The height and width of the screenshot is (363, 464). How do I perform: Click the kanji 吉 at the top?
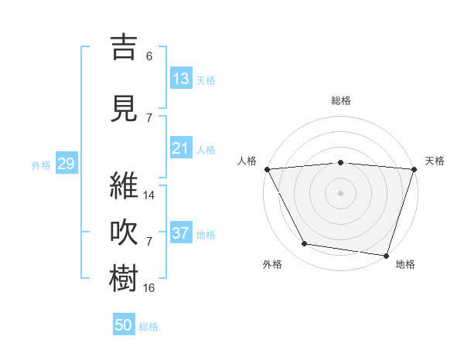point(125,47)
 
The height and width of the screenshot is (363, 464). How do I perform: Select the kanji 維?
point(125,186)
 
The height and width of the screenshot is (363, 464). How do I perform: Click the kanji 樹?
point(125,278)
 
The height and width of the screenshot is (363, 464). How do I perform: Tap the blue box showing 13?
point(180,79)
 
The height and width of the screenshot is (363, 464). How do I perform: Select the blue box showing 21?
point(180,148)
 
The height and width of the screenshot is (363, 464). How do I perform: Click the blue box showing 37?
point(180,233)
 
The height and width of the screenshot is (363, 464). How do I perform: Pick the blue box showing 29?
point(66,164)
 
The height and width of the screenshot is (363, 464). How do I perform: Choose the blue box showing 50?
point(124,325)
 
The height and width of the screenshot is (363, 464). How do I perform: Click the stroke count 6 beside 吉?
point(148,56)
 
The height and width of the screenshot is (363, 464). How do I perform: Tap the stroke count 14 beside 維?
point(149,195)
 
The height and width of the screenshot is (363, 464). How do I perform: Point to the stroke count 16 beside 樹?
point(149,287)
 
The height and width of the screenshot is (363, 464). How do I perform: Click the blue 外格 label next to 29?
point(41,165)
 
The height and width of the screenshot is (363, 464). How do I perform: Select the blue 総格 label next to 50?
point(148,327)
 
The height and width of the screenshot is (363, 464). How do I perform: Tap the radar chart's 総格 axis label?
point(341,100)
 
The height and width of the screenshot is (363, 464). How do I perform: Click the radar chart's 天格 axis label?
point(435,161)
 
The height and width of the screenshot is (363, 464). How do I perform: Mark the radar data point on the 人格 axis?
point(267,168)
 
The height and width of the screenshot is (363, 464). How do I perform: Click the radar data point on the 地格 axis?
point(386,255)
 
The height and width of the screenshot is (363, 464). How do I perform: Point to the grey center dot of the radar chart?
point(340,192)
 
